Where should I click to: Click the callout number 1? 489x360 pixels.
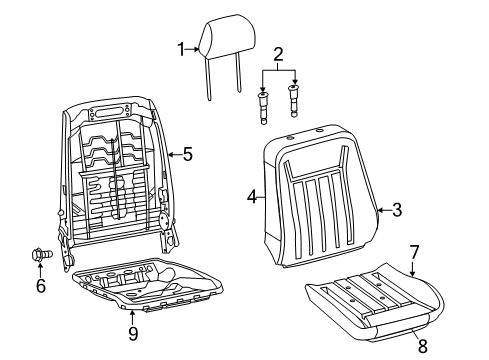182,47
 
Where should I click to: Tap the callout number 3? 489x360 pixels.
397,209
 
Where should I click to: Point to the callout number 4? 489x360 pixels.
253,198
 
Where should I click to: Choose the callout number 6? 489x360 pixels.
41,287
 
